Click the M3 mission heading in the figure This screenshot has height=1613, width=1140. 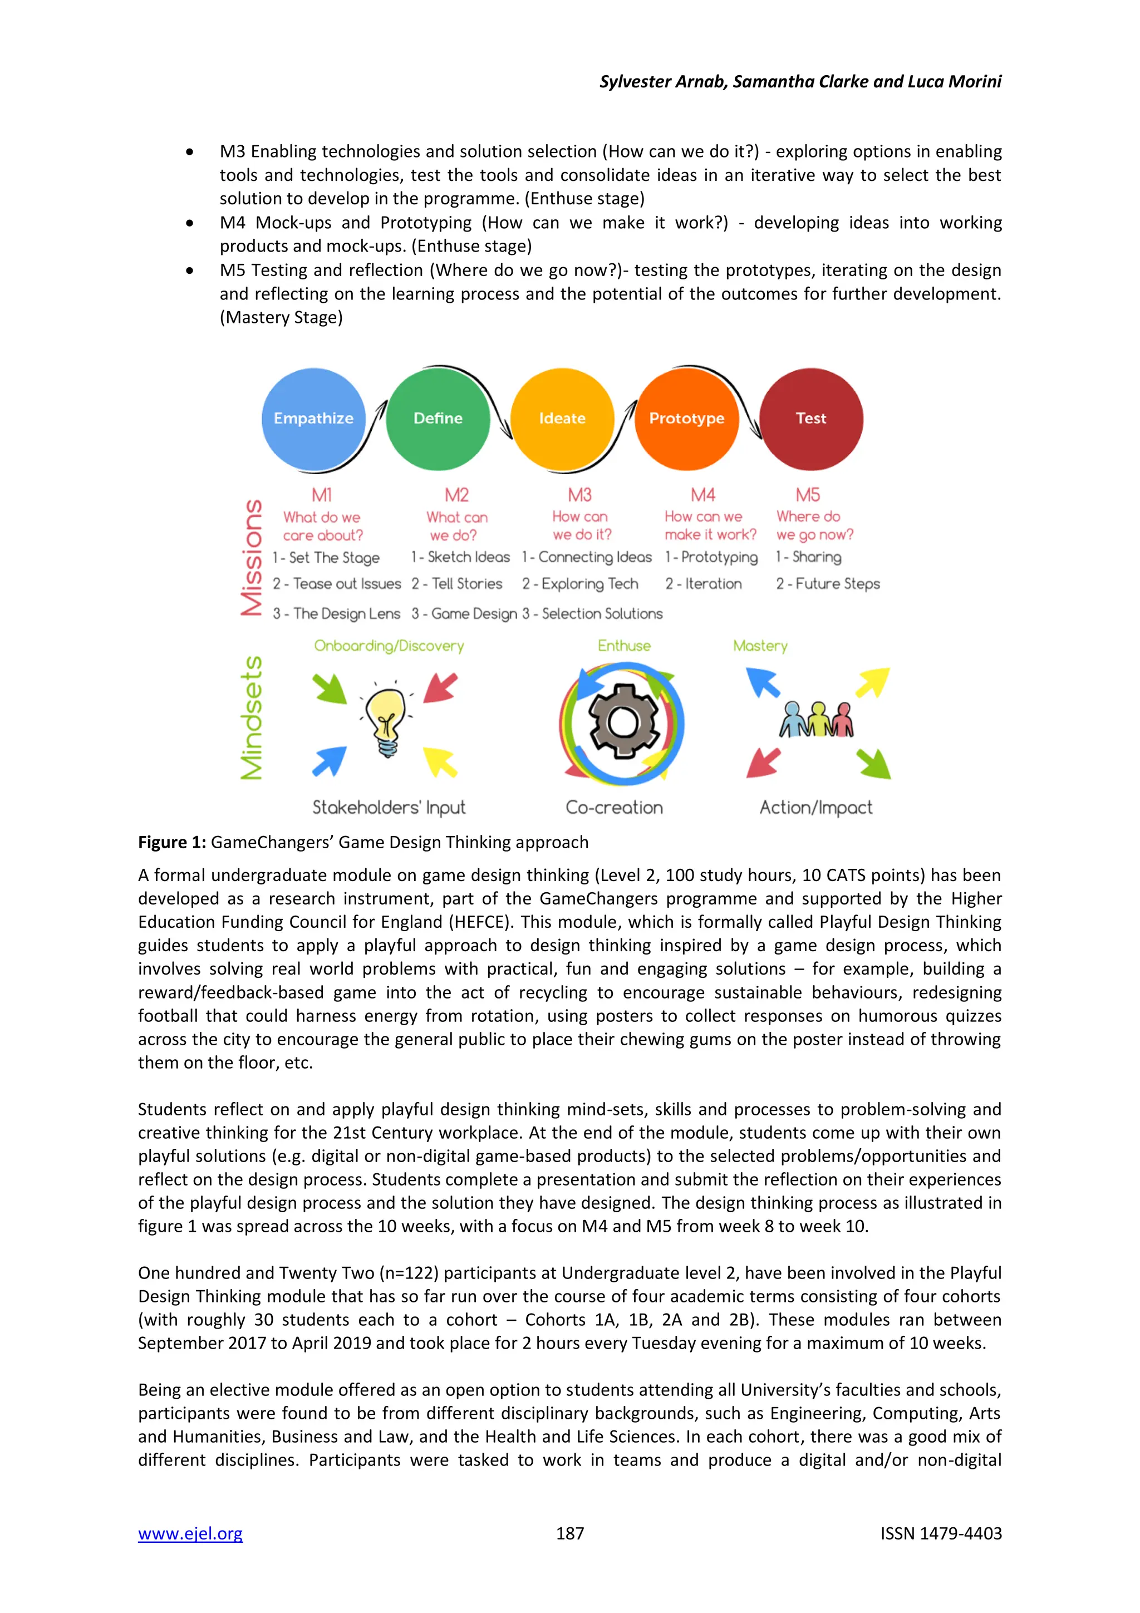point(579,495)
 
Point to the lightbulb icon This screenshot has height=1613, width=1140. point(386,721)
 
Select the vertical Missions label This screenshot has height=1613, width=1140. point(252,558)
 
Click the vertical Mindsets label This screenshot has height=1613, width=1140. point(252,717)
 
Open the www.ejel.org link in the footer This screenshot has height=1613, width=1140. point(190,1533)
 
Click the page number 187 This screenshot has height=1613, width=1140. point(569,1533)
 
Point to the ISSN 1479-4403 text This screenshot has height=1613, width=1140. point(941,1533)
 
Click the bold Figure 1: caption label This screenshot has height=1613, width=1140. point(172,842)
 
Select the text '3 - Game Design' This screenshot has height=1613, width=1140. point(464,613)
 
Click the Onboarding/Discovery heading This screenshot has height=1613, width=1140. point(389,646)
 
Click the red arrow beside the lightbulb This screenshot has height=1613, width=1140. point(440,687)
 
